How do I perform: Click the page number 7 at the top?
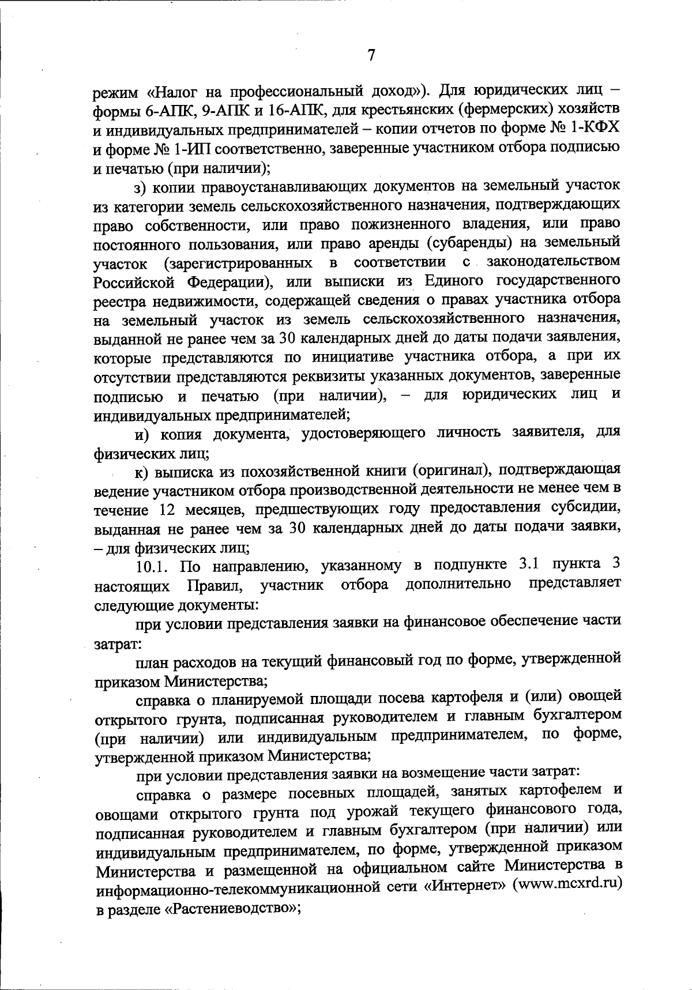coord(371,56)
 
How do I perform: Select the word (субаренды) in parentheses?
coord(482,243)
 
